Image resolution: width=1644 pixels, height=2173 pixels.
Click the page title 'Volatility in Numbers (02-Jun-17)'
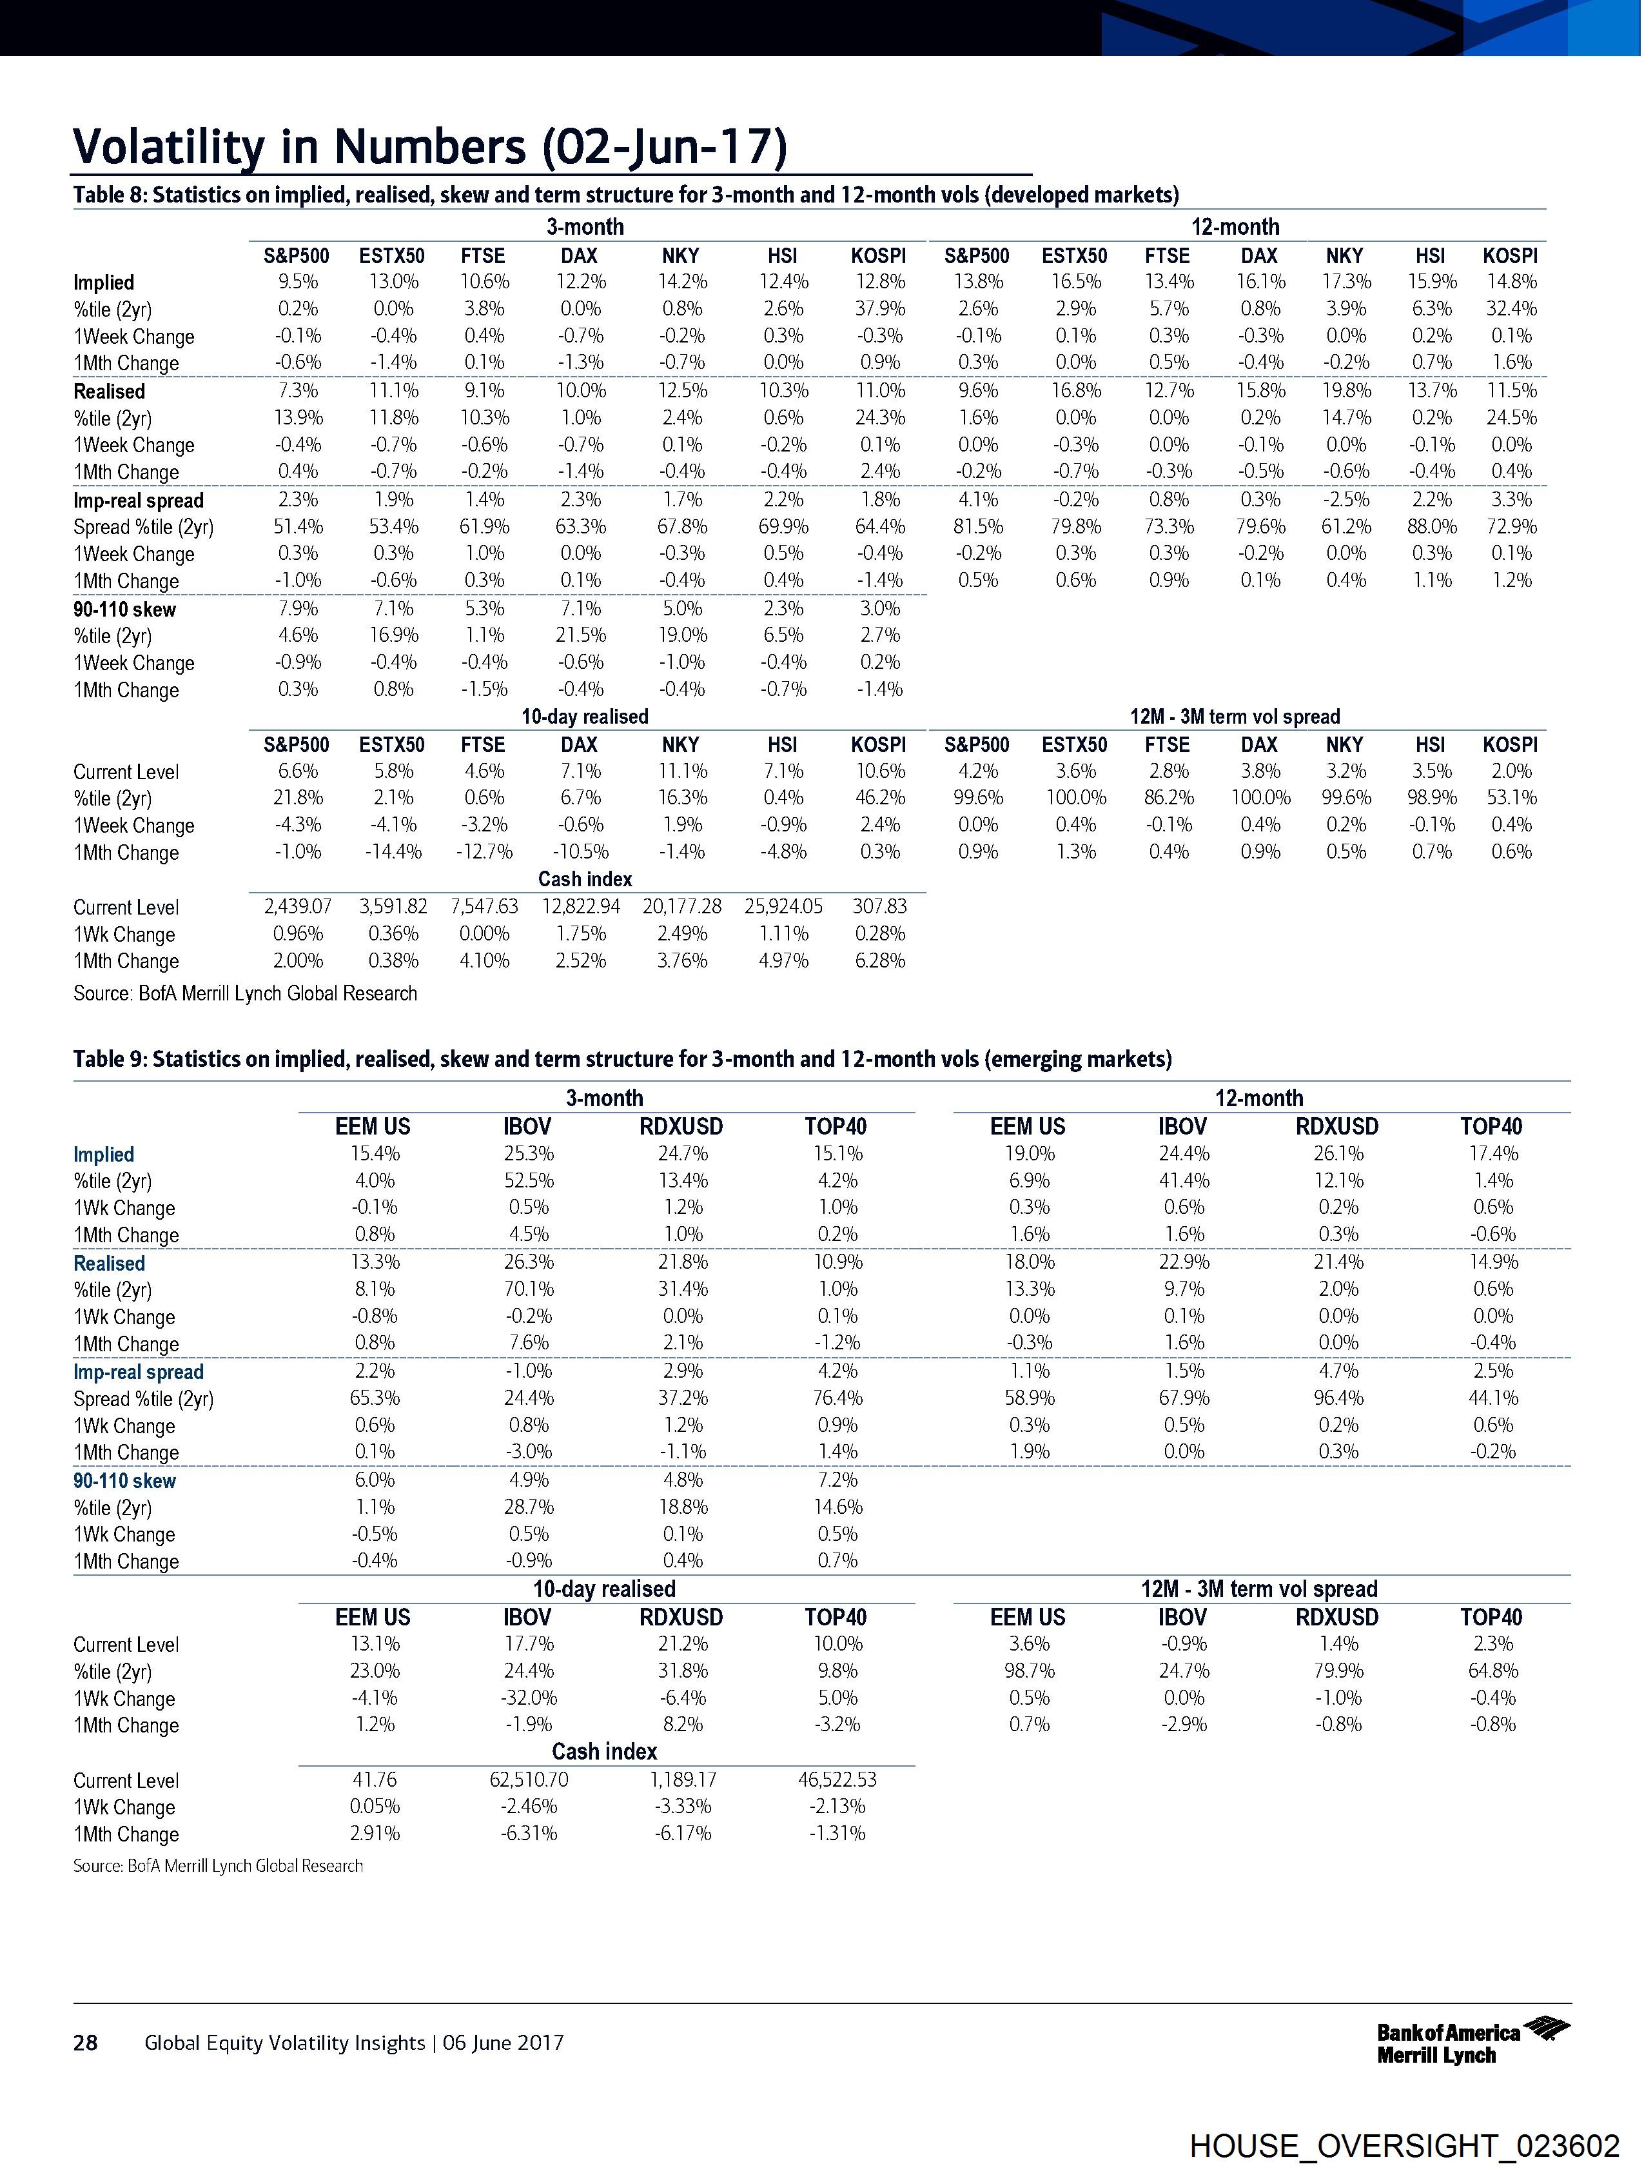click(x=429, y=147)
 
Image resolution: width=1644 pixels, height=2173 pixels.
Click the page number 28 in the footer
click(x=86, y=2042)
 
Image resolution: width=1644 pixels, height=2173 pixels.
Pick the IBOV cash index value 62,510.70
click(x=529, y=1779)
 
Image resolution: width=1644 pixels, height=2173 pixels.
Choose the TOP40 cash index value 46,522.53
click(x=837, y=1779)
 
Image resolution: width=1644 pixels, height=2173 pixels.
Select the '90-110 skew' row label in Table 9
click(x=124, y=1480)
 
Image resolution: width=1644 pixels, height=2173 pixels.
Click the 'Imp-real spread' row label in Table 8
click(x=139, y=500)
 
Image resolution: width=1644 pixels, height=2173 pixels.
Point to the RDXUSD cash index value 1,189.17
click(x=683, y=1779)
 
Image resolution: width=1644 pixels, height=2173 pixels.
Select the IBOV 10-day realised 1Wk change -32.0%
click(x=529, y=1698)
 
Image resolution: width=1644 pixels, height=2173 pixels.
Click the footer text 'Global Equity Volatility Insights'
click(x=285, y=2042)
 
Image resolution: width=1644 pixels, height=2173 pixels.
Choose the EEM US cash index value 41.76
click(x=373, y=1779)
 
